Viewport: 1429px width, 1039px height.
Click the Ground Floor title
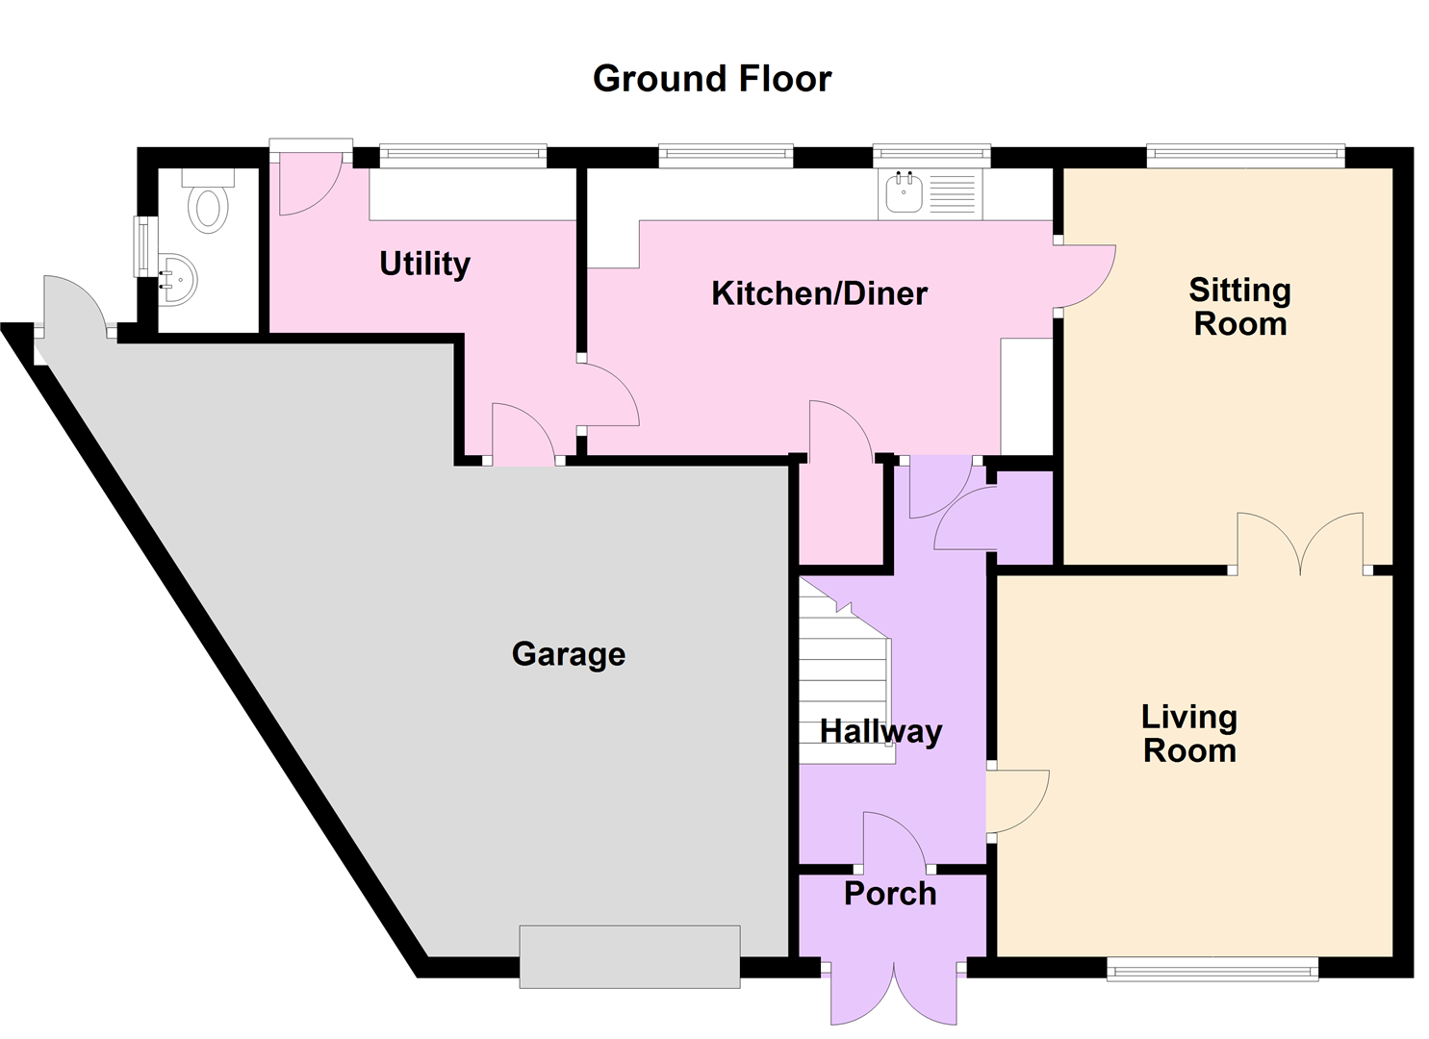coord(712,79)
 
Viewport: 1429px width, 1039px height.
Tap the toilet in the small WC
coord(207,204)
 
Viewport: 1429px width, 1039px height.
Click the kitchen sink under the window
coord(904,193)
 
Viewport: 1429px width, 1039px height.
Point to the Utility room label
coord(424,264)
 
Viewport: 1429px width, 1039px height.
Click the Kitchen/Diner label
coord(819,293)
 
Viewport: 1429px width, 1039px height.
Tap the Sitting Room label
coord(1239,307)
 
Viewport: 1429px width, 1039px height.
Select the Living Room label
coord(1189,733)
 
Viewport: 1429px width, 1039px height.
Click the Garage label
coord(569,654)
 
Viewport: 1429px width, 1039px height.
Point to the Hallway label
coord(880,731)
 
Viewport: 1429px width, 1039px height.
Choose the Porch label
coord(890,894)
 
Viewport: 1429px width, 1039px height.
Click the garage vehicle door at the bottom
coord(629,956)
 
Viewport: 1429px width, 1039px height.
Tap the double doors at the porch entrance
coord(894,991)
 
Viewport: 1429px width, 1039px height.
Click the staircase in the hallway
coord(843,678)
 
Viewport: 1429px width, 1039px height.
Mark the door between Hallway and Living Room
coord(1015,800)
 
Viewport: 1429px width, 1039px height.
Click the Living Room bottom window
coord(1212,970)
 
